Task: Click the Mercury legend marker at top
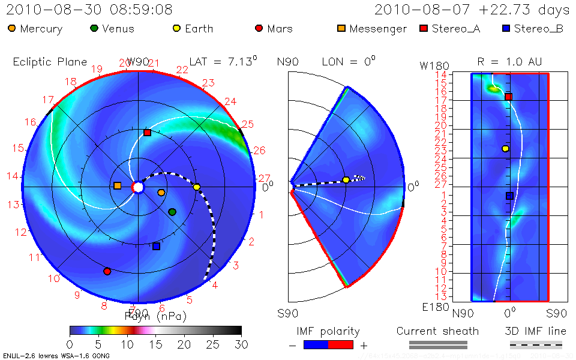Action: click(x=12, y=28)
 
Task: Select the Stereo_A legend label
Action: click(x=466, y=28)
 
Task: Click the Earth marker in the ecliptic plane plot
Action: click(x=197, y=187)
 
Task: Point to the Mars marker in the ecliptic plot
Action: click(x=107, y=271)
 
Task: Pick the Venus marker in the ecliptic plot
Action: click(x=172, y=212)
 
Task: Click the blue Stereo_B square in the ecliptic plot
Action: click(x=157, y=246)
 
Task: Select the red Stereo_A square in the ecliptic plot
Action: click(x=147, y=133)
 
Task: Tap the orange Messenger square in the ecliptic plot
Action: click(x=117, y=186)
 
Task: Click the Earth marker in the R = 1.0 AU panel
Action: click(x=505, y=148)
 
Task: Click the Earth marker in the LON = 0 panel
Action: click(x=346, y=179)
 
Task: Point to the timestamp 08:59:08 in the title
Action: click(x=145, y=10)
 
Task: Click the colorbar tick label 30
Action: click(x=241, y=345)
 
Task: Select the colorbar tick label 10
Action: click(x=127, y=345)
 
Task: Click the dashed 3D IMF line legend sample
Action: click(x=536, y=344)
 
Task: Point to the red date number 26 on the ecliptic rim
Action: click(x=259, y=151)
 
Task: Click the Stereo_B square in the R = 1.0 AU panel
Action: click(x=509, y=196)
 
